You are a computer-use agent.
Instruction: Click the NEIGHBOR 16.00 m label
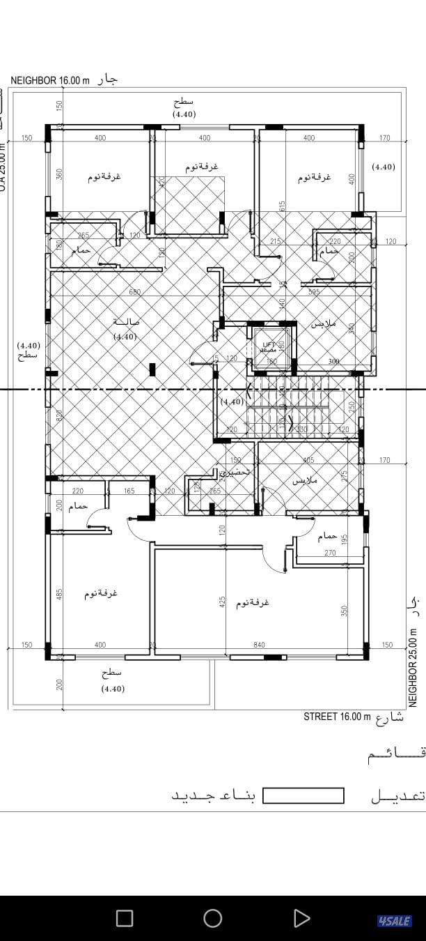(50, 80)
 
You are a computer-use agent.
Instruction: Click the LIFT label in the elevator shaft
(269, 344)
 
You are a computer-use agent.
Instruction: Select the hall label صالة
(126, 322)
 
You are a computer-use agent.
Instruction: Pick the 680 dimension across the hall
(136, 292)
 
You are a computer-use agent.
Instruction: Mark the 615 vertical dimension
(283, 206)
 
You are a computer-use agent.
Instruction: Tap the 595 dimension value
(314, 292)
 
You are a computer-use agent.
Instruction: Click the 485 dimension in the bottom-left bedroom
(59, 594)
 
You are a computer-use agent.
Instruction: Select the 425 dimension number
(222, 602)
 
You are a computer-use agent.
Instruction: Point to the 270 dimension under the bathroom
(330, 553)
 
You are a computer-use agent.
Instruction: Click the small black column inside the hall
(152, 369)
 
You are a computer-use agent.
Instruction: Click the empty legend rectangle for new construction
(303, 796)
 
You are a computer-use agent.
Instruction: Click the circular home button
(213, 918)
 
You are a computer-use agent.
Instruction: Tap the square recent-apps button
(125, 918)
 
